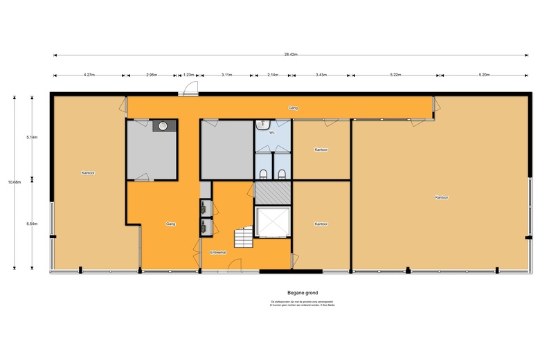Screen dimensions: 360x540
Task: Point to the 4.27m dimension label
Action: tap(89, 74)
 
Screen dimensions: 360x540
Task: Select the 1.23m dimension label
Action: tap(188, 74)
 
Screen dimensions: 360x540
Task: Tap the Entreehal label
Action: tap(219, 253)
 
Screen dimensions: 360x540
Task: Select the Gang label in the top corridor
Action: tap(293, 108)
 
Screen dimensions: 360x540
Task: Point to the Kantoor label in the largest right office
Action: tap(442, 197)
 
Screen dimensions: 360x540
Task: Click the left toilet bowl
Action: tap(264, 173)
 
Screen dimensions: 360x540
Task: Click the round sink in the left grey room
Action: tap(163, 126)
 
